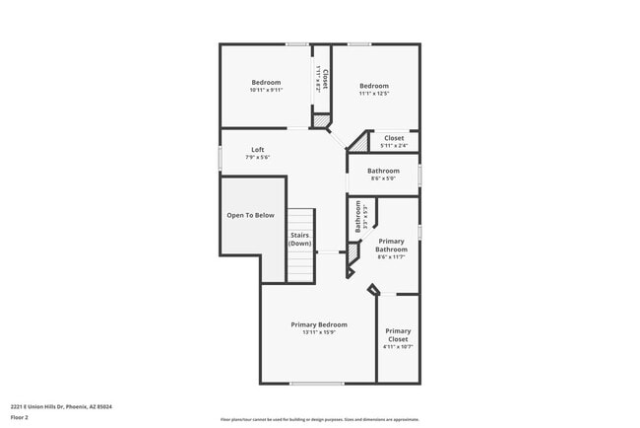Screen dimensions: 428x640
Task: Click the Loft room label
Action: coord(257,150)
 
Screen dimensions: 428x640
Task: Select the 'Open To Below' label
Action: coord(250,215)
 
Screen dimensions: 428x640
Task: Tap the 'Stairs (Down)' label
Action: coord(300,240)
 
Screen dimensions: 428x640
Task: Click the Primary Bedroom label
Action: coord(319,324)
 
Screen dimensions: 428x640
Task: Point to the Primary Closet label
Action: coord(398,334)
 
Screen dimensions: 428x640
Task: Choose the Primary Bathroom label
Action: coord(391,246)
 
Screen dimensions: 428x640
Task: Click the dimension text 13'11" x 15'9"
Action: coord(319,332)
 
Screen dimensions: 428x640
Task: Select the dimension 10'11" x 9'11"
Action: coord(266,90)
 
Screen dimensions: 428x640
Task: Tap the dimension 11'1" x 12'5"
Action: coord(374,94)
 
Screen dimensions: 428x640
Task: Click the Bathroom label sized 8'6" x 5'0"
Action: coord(383,171)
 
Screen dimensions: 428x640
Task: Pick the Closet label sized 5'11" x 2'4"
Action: coord(394,138)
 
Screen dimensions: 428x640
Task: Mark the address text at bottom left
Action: coord(61,406)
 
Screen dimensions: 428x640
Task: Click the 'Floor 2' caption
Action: coord(21,417)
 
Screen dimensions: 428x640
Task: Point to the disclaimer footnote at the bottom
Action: coord(319,418)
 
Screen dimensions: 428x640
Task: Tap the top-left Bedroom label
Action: coord(266,82)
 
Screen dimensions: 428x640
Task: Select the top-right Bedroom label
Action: coord(374,86)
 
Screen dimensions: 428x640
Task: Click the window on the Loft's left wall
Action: coord(220,158)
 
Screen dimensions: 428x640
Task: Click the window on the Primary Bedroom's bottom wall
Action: coord(316,384)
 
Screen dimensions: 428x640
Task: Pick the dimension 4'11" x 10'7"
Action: coord(398,347)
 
